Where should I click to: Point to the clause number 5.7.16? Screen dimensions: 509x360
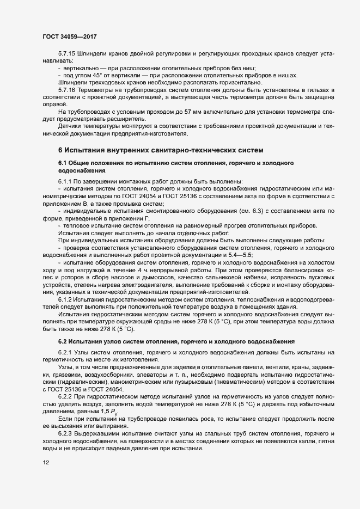68,89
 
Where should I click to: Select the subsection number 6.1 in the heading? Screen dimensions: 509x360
63,163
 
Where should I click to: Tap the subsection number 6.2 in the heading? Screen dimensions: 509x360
63,341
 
